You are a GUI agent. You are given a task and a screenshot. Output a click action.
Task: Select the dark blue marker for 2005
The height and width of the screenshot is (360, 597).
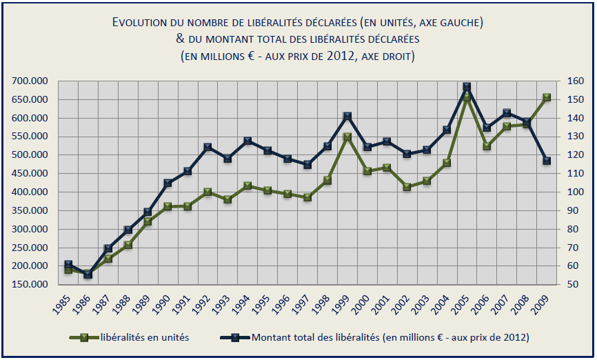click(467, 88)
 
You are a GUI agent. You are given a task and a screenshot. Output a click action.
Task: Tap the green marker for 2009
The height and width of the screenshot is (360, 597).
click(547, 98)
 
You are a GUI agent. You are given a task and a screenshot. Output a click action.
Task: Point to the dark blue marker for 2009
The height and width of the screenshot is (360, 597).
click(547, 161)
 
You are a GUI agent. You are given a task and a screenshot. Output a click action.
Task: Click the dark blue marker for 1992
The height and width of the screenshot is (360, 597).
click(208, 148)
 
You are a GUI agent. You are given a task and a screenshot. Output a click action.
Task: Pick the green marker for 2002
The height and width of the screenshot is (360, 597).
click(407, 187)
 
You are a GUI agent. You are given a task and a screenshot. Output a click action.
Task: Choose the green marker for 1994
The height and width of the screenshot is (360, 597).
click(247, 186)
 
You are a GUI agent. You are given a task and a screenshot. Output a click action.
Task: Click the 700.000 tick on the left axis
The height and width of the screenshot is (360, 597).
click(29, 81)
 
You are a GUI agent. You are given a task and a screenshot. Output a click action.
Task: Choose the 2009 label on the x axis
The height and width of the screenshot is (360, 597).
click(543, 303)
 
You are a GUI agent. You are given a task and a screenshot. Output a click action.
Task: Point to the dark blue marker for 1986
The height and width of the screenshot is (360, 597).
click(88, 274)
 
